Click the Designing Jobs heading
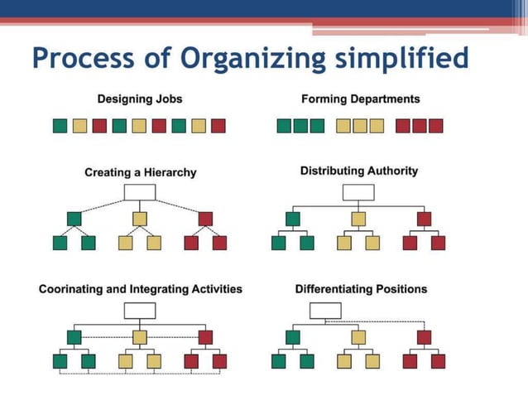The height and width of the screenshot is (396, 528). (140, 99)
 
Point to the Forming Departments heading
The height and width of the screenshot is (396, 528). (360, 99)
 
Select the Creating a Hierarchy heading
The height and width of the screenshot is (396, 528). (140, 172)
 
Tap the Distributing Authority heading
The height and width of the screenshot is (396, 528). (358, 171)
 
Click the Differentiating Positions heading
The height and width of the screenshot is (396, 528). (361, 289)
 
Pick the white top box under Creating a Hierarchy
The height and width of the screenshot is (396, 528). (140, 192)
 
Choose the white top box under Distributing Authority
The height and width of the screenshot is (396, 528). (358, 192)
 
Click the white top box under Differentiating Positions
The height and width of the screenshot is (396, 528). (325, 311)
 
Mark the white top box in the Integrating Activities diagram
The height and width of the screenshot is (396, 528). (140, 311)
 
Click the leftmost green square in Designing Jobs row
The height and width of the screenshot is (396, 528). (60, 126)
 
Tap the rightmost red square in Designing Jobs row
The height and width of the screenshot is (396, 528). (218, 126)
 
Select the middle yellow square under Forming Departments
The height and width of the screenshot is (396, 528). (360, 126)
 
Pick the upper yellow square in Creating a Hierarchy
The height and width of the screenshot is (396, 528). (140, 219)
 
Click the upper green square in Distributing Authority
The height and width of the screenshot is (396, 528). (292, 219)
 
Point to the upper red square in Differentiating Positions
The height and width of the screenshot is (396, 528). (425, 337)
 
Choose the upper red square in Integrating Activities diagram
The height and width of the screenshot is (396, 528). (206, 337)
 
